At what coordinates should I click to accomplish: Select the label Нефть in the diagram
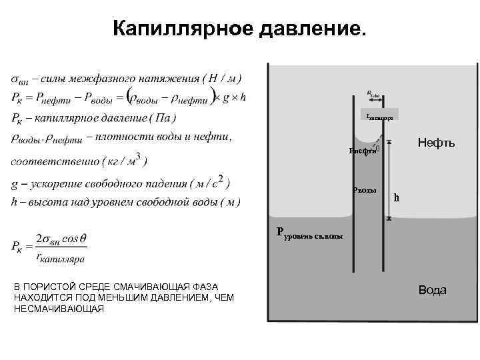point(436,143)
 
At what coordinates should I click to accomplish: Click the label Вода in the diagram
point(433,290)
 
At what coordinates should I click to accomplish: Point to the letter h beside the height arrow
point(397,197)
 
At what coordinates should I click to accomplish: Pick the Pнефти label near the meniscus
point(363,151)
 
